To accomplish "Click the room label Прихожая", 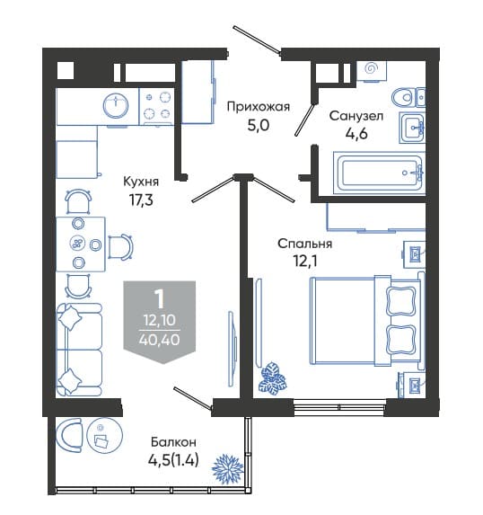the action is tap(259, 107).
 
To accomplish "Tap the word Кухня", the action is tap(141, 182).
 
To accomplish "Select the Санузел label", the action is tap(356, 116).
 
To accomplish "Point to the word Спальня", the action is tap(305, 244).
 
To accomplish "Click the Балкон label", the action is tap(173, 442).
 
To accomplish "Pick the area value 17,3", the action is tap(142, 200).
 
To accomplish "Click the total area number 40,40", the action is tap(160, 339).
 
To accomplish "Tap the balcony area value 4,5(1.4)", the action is tap(173, 460).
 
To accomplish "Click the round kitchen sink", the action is tap(116, 105).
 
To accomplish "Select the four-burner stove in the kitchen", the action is tap(157, 106).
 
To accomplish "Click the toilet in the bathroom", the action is tap(408, 98).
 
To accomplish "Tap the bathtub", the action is tap(380, 173).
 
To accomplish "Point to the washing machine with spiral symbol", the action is tap(372, 71).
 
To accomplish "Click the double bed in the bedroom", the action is tap(367, 321).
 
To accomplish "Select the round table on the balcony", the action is tap(104, 436).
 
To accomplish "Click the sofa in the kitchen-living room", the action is tap(79, 350).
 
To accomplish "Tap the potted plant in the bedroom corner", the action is tap(272, 377).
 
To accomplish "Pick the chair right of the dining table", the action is tap(120, 246).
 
